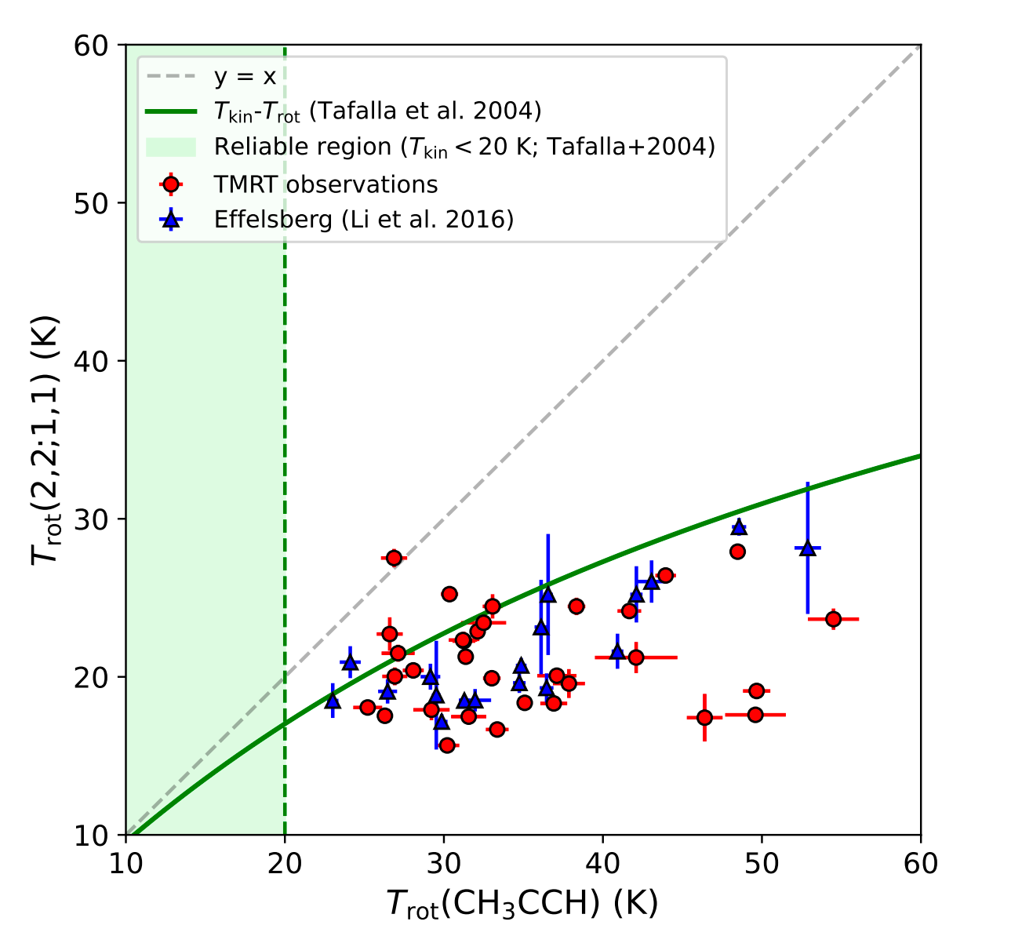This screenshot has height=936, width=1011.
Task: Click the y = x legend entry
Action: tap(245, 77)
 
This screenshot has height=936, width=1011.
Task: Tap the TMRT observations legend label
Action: tap(325, 184)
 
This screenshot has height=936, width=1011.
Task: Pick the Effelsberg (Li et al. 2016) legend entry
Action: tap(364, 219)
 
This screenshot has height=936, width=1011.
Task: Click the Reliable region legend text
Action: tap(464, 147)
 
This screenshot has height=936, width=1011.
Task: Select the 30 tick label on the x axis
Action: tap(444, 861)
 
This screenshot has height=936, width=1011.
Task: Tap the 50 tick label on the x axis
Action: tap(762, 861)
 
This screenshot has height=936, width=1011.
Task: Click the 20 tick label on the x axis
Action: tap(285, 861)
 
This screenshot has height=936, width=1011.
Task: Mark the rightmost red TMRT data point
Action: tap(833, 619)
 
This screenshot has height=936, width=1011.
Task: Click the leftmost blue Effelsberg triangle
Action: tap(333, 701)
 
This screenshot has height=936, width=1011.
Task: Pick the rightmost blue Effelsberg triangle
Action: tap(808, 548)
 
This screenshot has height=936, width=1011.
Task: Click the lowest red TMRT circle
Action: tap(447, 745)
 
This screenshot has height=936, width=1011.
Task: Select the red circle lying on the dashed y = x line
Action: tap(394, 558)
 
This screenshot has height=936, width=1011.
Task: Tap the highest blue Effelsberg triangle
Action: tap(738, 526)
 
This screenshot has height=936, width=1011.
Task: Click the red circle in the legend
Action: tap(170, 184)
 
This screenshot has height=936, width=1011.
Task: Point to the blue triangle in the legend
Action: tap(170, 219)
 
